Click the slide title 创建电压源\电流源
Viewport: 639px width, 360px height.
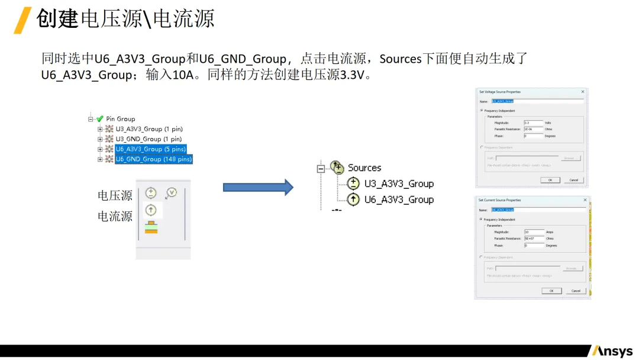pos(125,19)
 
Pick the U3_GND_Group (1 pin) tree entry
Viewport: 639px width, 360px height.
pos(146,139)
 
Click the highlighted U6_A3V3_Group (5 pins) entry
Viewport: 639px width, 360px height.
pos(151,149)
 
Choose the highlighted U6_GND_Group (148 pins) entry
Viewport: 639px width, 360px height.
pos(154,159)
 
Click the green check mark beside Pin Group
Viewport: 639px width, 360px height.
pos(100,119)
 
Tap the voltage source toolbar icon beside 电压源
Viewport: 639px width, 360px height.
pos(151,193)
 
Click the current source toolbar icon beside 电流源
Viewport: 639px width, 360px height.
pos(151,209)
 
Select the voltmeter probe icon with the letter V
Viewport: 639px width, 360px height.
pos(171,192)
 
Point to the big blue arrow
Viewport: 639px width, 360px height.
pos(258,187)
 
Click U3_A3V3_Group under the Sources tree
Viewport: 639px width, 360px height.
pos(399,184)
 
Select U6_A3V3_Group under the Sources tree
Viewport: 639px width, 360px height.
pos(399,200)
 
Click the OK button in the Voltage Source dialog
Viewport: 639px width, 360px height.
pos(550,180)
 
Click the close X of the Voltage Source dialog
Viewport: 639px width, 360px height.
pos(583,92)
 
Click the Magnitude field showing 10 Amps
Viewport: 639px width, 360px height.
pos(534,232)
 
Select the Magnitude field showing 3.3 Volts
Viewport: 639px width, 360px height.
pos(533,123)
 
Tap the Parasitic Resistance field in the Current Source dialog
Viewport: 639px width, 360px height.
pos(534,239)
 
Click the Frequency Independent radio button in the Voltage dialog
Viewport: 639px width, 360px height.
pos(481,111)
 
